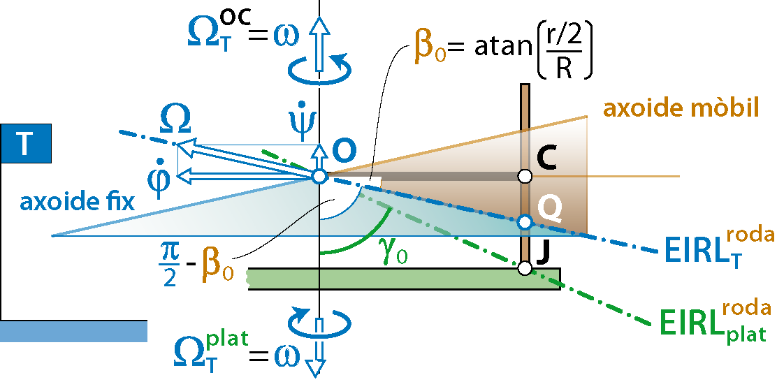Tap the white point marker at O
319,176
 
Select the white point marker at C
525,176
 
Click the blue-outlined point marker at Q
525,222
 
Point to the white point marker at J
525,267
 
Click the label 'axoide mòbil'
681,109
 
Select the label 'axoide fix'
78,203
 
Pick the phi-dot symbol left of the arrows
158,180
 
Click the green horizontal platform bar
405,279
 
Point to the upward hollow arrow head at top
319,28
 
